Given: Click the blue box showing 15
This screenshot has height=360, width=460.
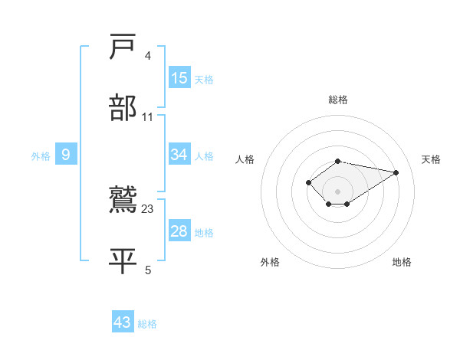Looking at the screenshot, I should click(179, 78).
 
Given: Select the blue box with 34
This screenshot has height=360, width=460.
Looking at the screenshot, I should click(179, 155).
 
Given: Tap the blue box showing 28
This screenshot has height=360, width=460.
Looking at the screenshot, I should click(179, 231).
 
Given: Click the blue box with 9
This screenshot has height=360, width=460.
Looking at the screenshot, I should click(66, 155).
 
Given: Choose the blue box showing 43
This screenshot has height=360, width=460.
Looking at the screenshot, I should click(123, 322).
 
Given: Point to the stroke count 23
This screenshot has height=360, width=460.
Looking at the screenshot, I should click(147, 208).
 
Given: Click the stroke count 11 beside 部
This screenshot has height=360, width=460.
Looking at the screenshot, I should click(148, 117).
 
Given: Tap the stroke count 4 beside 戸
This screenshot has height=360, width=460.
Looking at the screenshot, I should click(148, 55).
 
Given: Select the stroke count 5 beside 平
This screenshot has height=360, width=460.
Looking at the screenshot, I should click(148, 270).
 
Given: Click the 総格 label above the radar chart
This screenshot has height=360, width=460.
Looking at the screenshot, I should click(338, 100).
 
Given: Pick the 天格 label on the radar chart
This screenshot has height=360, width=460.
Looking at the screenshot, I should click(431, 159).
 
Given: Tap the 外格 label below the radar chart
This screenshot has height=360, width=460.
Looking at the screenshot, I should click(270, 262).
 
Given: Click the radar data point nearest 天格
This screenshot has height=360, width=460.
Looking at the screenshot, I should click(396, 172).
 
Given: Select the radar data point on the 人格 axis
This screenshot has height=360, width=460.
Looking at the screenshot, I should click(308, 182).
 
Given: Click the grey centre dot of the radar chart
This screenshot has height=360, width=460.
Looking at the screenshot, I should click(338, 191).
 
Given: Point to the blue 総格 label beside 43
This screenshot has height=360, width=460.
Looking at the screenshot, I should click(147, 324).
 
